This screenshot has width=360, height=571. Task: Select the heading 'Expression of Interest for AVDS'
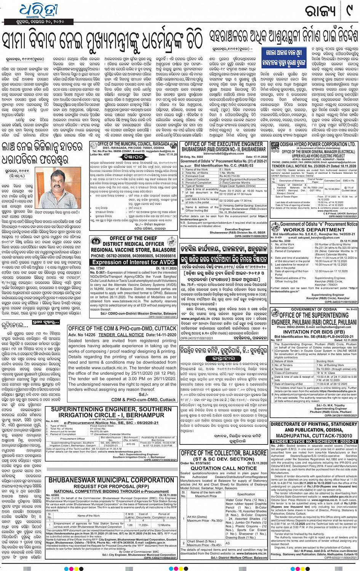133,262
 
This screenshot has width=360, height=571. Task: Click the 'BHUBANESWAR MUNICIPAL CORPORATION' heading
111,480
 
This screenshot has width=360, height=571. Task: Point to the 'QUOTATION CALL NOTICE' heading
224,468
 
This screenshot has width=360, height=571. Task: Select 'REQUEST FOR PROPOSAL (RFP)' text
111,486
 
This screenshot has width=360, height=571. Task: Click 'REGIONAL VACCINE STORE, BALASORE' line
133,250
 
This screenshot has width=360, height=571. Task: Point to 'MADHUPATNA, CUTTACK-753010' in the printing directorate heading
314,435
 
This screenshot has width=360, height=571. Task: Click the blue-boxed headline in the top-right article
283,57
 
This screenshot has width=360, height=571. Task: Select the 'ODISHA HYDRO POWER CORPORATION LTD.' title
318,144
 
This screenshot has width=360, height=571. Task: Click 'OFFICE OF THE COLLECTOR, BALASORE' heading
224,453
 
